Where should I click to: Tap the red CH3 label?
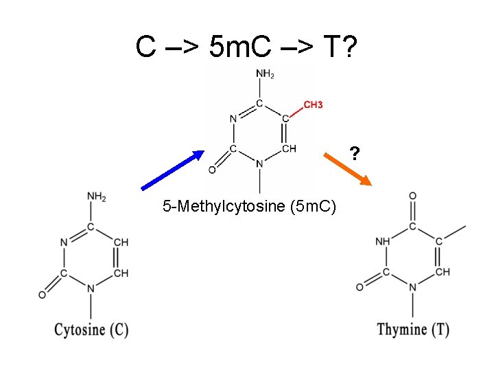click(x=313, y=104)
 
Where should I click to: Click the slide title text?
click(x=246, y=47)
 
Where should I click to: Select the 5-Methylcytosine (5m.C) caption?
click(x=249, y=205)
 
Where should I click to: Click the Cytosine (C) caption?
click(x=91, y=329)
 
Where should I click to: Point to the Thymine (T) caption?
click(x=413, y=329)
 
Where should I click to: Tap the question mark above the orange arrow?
click(x=354, y=153)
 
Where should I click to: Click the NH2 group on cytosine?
click(x=97, y=197)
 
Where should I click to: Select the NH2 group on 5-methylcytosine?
click(x=266, y=74)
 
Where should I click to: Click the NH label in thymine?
click(x=383, y=242)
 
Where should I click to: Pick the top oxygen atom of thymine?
click(x=412, y=196)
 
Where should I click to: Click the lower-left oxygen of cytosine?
click(x=43, y=295)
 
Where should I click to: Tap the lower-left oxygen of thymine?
click(x=360, y=286)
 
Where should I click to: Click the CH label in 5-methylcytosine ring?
click(x=289, y=148)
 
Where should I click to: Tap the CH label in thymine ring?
click(x=443, y=272)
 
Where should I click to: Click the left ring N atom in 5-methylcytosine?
click(x=234, y=118)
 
